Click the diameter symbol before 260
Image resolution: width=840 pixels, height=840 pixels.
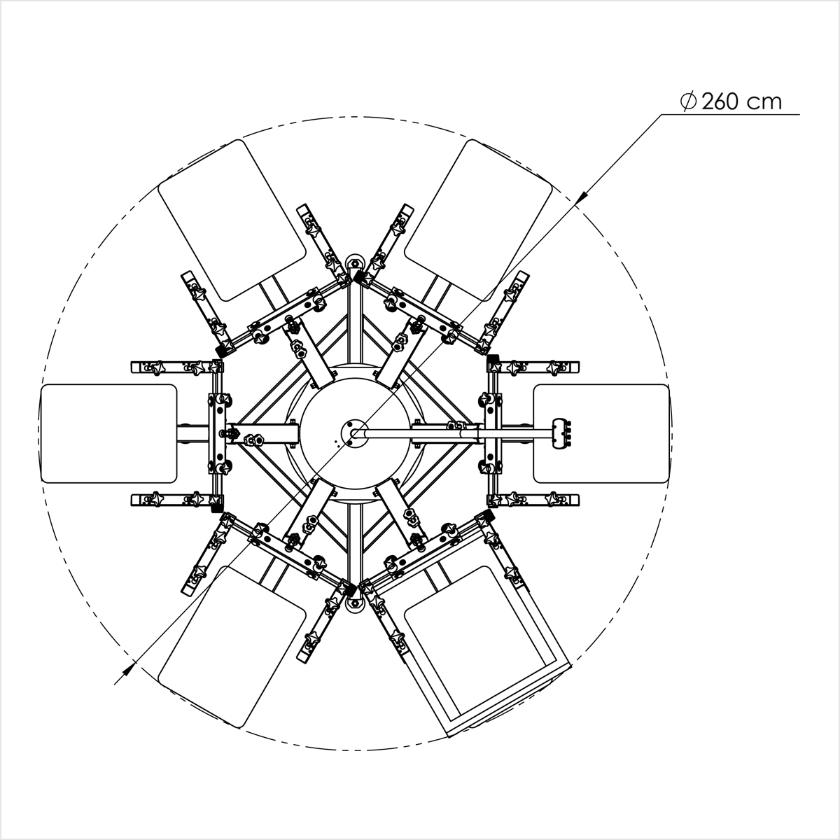(688, 102)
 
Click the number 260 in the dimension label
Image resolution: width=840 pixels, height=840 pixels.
(720, 102)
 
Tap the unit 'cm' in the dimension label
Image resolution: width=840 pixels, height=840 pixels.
(764, 104)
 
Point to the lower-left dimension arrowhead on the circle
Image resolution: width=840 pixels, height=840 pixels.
(128, 668)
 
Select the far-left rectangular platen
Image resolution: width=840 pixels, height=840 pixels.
(108, 433)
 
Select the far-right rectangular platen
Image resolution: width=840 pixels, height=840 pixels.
(601, 433)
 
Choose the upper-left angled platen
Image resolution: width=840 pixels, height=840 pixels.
(232, 220)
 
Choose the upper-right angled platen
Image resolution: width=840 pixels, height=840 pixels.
(478, 220)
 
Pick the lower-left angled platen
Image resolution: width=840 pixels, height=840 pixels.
(232, 647)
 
